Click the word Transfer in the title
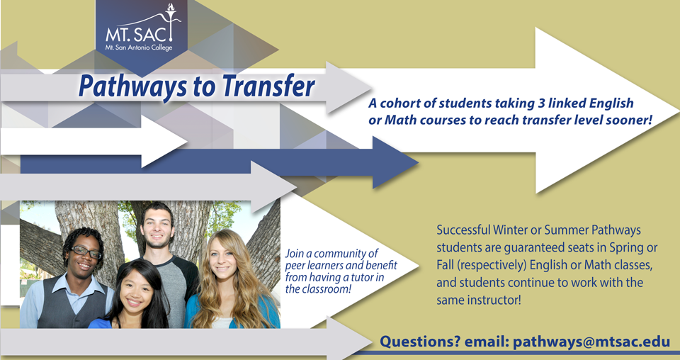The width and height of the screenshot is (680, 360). (269, 86)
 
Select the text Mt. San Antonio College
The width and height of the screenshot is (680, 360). (139, 47)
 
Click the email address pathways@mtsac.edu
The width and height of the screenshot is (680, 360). (591, 342)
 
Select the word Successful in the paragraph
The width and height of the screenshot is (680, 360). (463, 230)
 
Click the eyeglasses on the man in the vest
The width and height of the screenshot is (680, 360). (86, 251)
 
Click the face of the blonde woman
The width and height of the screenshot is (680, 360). (223, 259)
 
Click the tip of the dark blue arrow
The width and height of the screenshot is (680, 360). (419, 163)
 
